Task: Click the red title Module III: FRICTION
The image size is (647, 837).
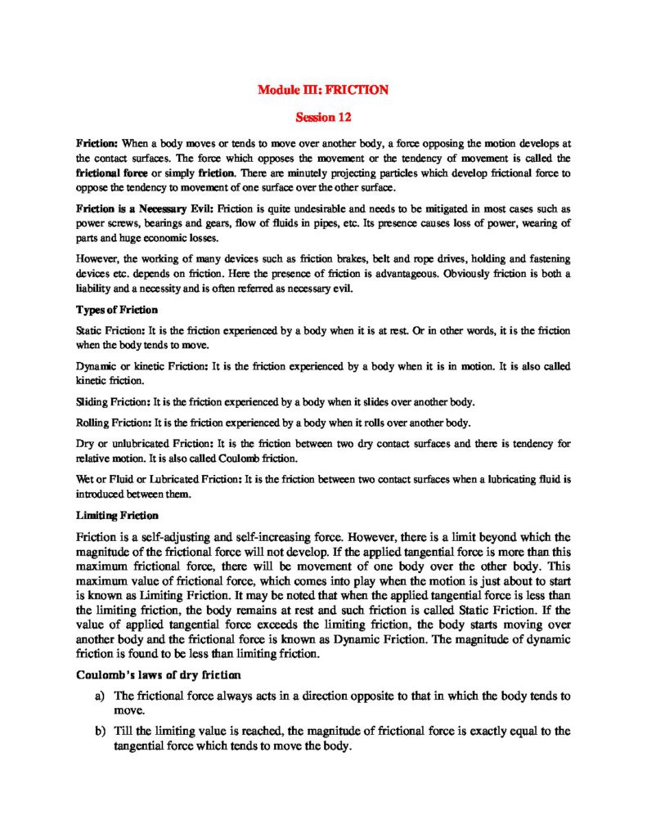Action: tap(323, 90)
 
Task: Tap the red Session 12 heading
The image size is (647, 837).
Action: tap(323, 118)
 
